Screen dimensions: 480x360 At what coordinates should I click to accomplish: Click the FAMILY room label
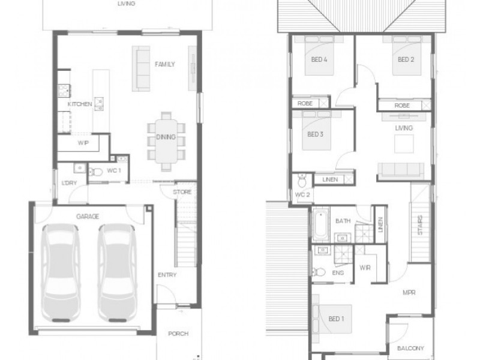[x=164, y=64]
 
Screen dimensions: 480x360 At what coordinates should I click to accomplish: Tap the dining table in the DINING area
[x=166, y=141]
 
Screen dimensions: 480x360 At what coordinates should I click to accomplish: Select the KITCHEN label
[x=80, y=104]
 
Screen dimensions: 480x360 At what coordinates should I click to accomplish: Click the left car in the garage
[x=61, y=273]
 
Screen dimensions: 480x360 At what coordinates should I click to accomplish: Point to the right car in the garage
[x=117, y=273]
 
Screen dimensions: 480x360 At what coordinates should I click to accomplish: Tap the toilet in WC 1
[x=95, y=172]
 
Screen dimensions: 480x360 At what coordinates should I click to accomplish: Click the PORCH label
[x=178, y=334]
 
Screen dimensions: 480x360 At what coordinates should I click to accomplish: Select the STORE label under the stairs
[x=182, y=192]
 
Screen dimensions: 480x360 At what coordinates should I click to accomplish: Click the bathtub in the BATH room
[x=320, y=224]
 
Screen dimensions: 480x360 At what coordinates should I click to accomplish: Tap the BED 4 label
[x=319, y=59]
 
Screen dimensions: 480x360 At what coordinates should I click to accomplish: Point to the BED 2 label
[x=406, y=59]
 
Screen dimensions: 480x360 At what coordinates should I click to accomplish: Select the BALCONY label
[x=410, y=348]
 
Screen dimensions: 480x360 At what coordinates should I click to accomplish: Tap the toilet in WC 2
[x=302, y=181]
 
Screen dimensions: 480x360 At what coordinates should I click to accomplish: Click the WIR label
[x=365, y=268]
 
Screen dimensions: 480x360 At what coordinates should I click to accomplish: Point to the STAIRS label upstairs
[x=420, y=225]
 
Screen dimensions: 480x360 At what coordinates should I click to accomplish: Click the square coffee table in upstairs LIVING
[x=404, y=143]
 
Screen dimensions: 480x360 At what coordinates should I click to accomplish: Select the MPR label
[x=409, y=293]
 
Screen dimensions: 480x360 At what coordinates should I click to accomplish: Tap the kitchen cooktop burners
[x=64, y=91]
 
